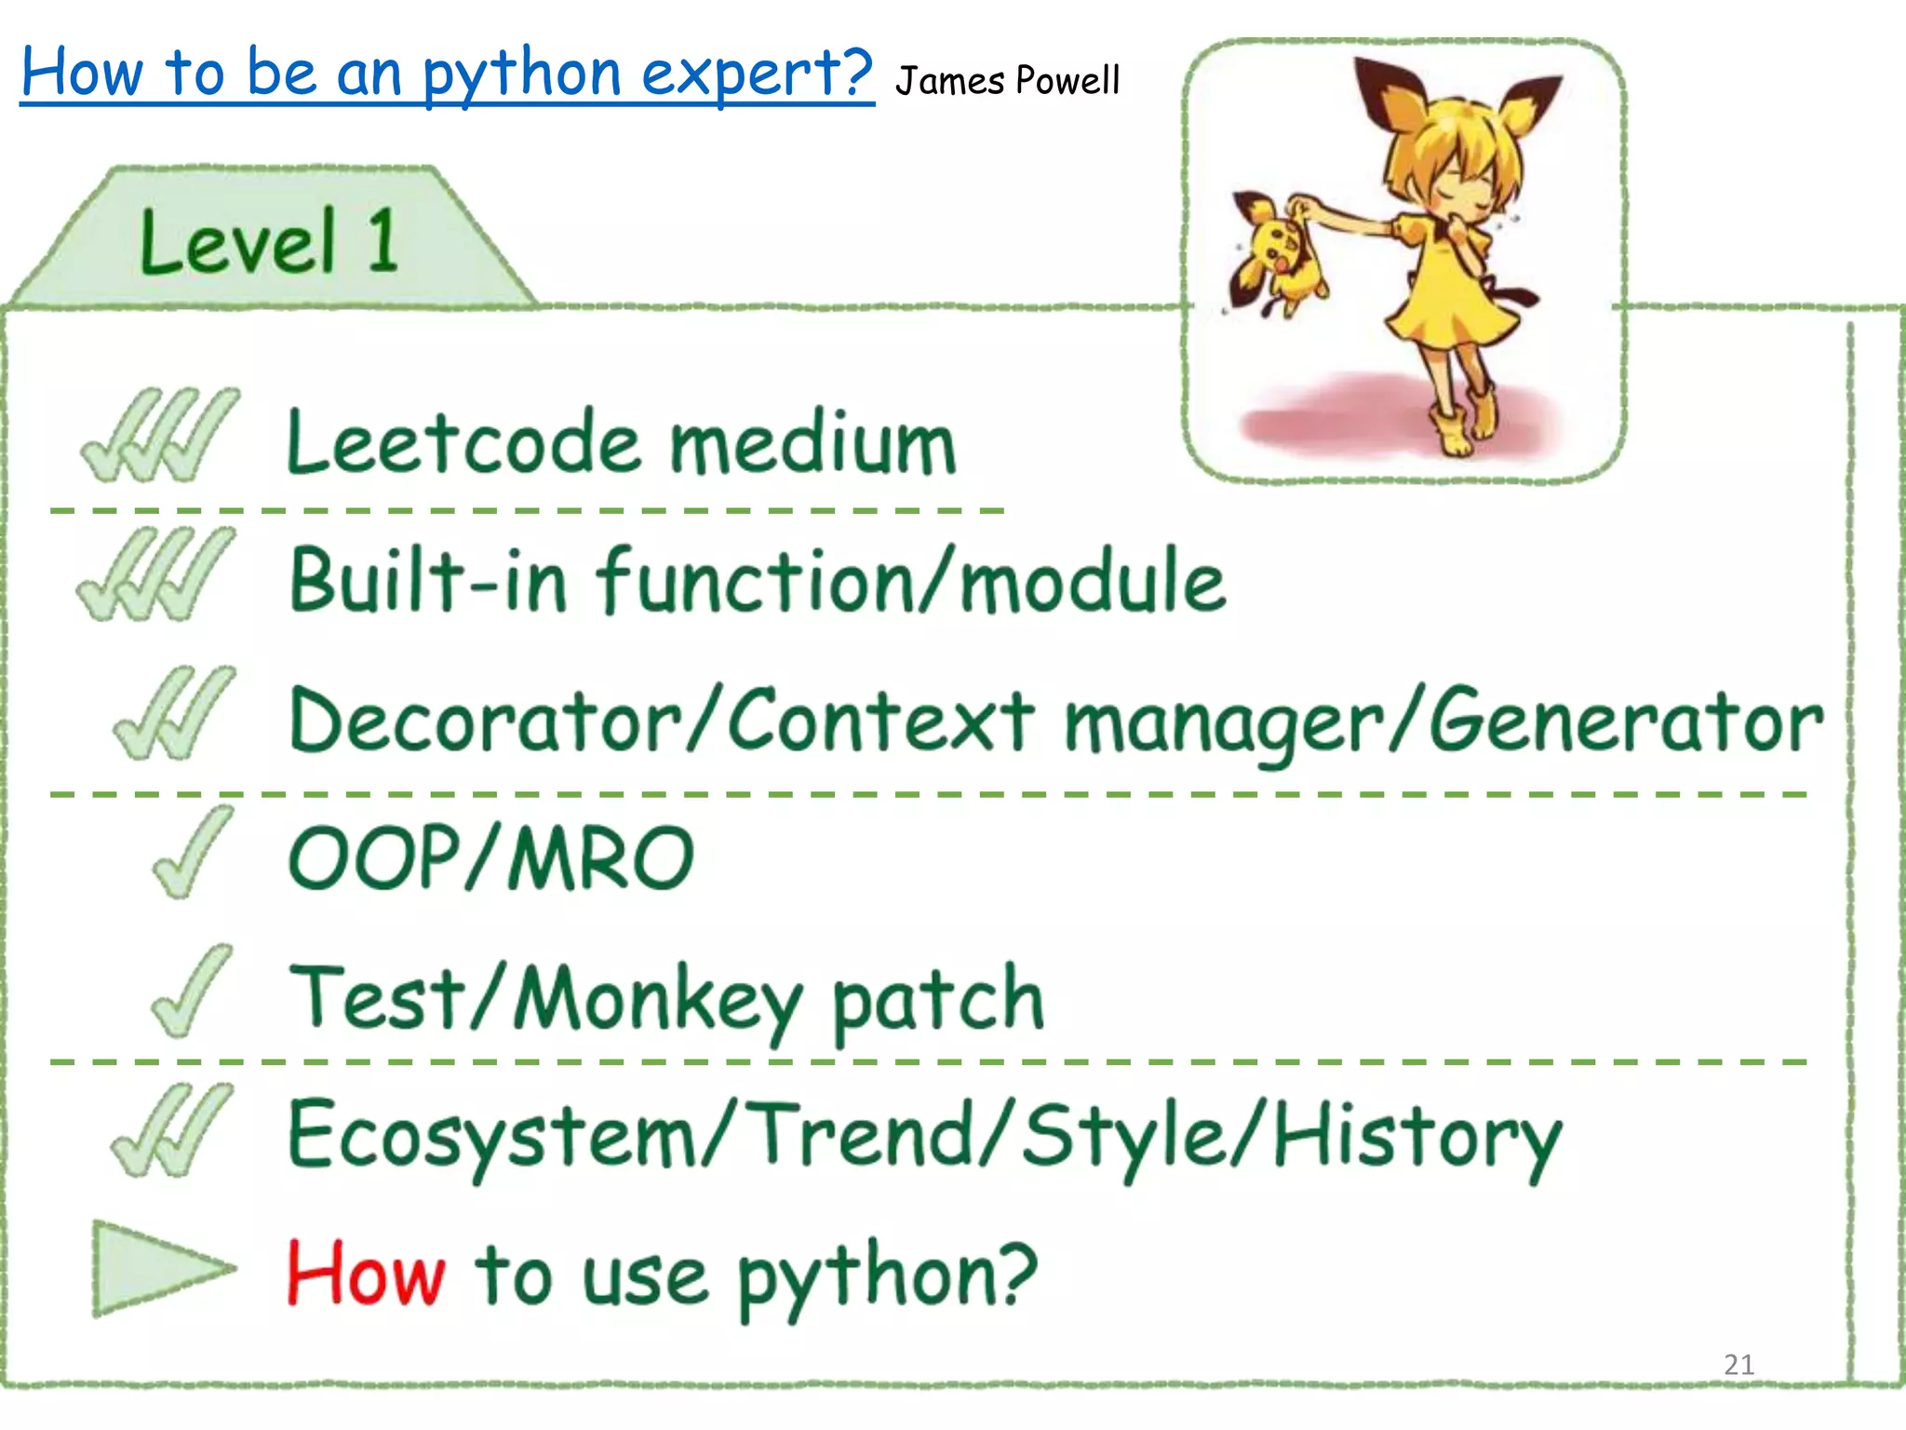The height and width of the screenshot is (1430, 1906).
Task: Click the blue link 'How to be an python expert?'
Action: click(447, 73)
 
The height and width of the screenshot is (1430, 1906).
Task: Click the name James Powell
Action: click(1007, 81)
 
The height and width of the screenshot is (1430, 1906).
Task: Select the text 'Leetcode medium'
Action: click(622, 443)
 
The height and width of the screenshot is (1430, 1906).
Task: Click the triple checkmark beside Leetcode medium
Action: click(160, 436)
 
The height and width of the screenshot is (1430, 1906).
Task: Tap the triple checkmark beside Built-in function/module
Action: click(156, 573)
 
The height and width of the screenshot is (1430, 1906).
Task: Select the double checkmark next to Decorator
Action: click(175, 713)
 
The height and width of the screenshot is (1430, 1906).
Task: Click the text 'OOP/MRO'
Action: click(491, 857)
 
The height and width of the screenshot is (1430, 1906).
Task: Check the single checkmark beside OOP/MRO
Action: click(193, 852)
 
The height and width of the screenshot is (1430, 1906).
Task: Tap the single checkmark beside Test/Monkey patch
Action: click(192, 991)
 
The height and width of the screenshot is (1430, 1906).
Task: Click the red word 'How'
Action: click(366, 1274)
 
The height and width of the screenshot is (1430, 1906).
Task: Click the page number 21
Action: click(1738, 1365)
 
